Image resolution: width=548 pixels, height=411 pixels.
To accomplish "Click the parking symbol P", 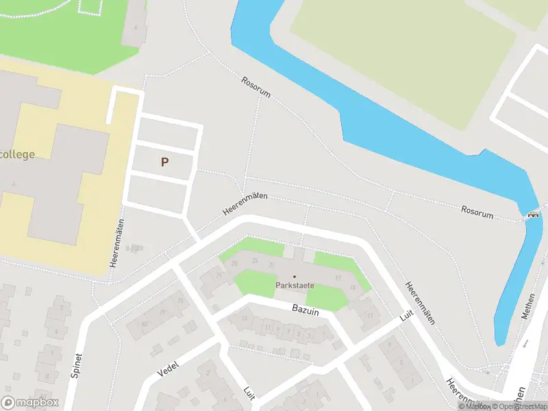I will click(x=164, y=162).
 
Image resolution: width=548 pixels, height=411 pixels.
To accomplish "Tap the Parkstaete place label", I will click(x=295, y=285).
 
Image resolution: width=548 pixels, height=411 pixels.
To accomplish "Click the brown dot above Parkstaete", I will click(x=295, y=276).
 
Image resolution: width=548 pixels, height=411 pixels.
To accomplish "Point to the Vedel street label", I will click(x=167, y=369).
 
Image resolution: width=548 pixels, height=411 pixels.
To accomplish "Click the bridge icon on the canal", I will click(x=532, y=214).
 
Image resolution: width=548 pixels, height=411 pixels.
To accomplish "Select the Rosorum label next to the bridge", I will click(x=477, y=212).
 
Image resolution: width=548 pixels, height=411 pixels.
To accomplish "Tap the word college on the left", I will click(x=17, y=154).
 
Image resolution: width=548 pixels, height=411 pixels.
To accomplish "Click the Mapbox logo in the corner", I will click(x=30, y=403).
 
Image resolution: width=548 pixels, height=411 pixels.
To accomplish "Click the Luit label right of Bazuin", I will click(x=407, y=316).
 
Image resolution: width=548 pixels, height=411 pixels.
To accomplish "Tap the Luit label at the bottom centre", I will click(x=249, y=392).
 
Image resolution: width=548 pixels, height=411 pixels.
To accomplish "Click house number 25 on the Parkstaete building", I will click(x=235, y=263).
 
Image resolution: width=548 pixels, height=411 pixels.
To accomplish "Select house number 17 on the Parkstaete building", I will click(x=338, y=277).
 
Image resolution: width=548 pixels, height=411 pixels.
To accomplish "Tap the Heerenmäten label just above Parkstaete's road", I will click(x=245, y=204).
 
